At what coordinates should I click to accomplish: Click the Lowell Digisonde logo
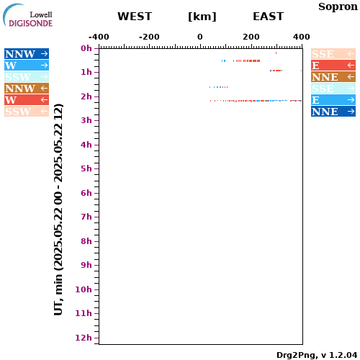pyautogui.click(x=27, y=15)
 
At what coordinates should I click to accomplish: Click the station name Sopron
pyautogui.click(x=338, y=7)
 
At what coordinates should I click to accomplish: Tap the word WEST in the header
pyautogui.click(x=135, y=17)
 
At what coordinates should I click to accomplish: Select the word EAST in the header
pyautogui.click(x=269, y=17)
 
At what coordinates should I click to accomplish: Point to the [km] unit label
pyautogui.click(x=202, y=17)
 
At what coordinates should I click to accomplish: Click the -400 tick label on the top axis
pyautogui.click(x=99, y=37)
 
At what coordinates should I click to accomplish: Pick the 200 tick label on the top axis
pyautogui.click(x=251, y=37)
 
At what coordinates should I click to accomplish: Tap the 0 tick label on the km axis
pyautogui.click(x=200, y=37)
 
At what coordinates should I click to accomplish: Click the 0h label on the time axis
pyautogui.click(x=86, y=48)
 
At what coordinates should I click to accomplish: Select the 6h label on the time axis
pyautogui.click(x=86, y=193)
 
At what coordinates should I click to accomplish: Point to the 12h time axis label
pyautogui.click(x=84, y=338)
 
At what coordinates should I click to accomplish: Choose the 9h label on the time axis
pyautogui.click(x=86, y=265)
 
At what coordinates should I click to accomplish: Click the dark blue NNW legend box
pyautogui.click(x=27, y=54)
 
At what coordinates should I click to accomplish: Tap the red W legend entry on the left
pyautogui.click(x=27, y=100)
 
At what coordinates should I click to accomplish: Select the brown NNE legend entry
pyautogui.click(x=333, y=77)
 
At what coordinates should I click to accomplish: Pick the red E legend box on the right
pyautogui.click(x=333, y=66)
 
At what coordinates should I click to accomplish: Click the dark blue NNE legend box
pyautogui.click(x=333, y=112)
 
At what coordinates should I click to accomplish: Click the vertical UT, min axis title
pyautogui.click(x=58, y=210)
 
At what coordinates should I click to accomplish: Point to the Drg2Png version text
pyautogui.click(x=317, y=355)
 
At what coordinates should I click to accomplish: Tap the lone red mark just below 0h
pyautogui.click(x=276, y=53)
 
